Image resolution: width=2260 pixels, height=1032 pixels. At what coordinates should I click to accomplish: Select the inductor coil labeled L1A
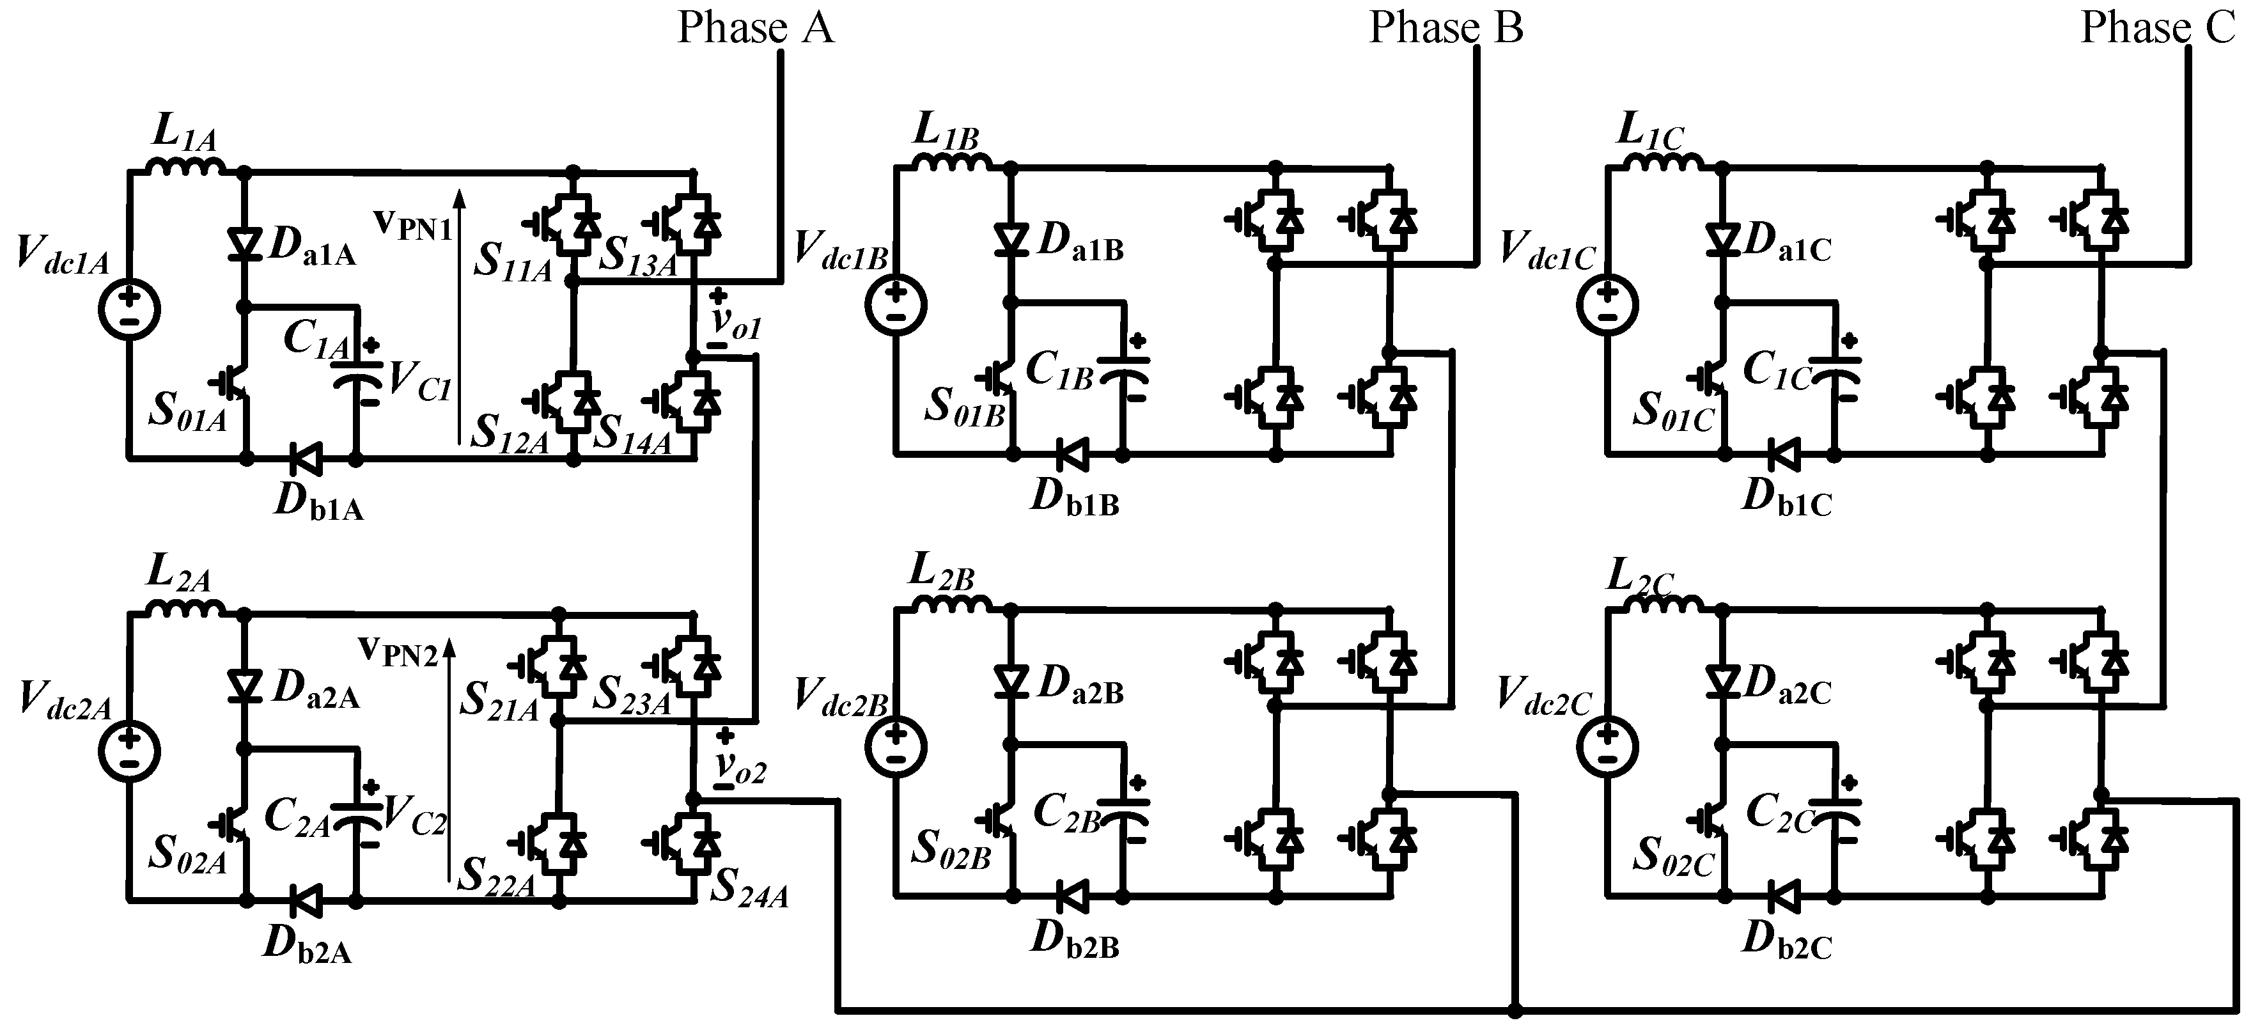pyautogui.click(x=186, y=168)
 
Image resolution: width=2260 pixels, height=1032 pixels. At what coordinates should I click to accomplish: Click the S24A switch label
pyautogui.click(x=749, y=888)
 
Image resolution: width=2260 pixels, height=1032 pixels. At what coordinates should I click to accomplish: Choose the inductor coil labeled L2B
pyautogui.click(x=952, y=605)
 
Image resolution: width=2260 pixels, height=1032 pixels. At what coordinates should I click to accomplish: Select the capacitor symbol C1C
pyautogui.click(x=1836, y=372)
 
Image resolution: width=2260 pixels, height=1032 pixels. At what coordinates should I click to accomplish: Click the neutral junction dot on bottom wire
pyautogui.click(x=1515, y=1010)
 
